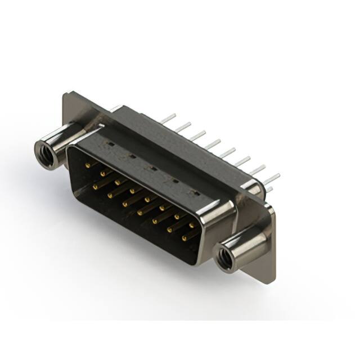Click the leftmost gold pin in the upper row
tap(88, 165)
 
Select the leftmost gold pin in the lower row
tap(96, 186)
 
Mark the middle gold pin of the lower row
tap(140, 212)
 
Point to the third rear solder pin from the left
tap(197, 136)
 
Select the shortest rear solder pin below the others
tap(269, 189)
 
